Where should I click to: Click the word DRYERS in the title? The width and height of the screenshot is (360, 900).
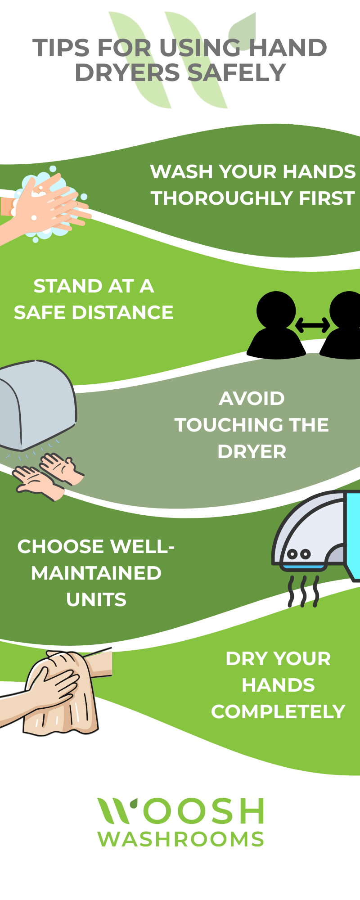coord(127,72)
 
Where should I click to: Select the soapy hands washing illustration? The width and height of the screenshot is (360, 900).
coord(45,205)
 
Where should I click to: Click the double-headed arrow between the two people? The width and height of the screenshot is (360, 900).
coord(312,325)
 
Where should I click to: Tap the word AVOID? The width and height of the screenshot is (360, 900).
coord(252,398)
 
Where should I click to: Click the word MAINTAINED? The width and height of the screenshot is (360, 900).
coord(96,573)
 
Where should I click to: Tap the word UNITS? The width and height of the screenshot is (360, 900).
coord(96,599)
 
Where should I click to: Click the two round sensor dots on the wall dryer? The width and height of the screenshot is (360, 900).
coord(299,554)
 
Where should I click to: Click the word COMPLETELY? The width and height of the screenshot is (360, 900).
coord(278,711)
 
